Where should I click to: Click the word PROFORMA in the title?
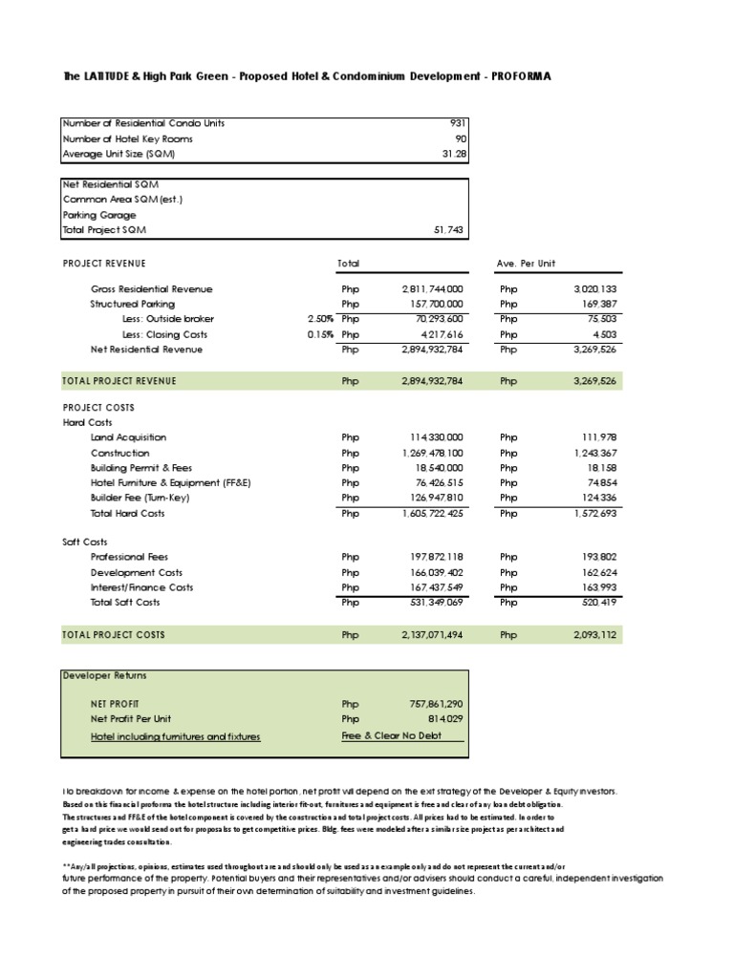coord(521,76)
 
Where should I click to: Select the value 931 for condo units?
coord(456,123)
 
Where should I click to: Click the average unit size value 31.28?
coord(452,154)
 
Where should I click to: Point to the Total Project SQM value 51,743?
coord(449,231)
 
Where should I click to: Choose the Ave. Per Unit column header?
coord(527,263)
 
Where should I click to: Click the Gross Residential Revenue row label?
coord(152,288)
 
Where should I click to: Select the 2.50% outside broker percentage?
coord(319,319)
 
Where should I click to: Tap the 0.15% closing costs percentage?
coord(319,334)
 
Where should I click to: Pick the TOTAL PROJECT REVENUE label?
coord(119,381)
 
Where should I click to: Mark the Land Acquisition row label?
coord(128,437)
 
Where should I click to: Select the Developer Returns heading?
coord(105,675)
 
